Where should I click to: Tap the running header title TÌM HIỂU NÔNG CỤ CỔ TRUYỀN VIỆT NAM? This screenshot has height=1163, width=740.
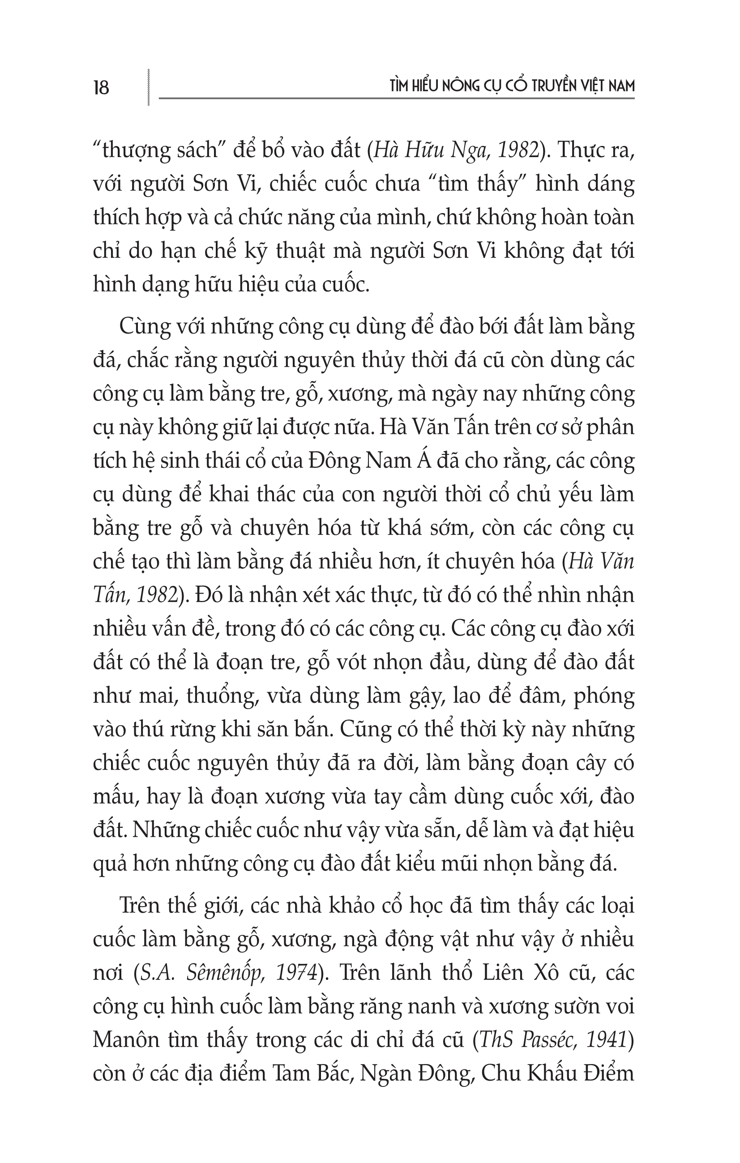coord(512,86)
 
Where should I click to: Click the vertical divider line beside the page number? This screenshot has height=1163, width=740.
coord(148,87)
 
